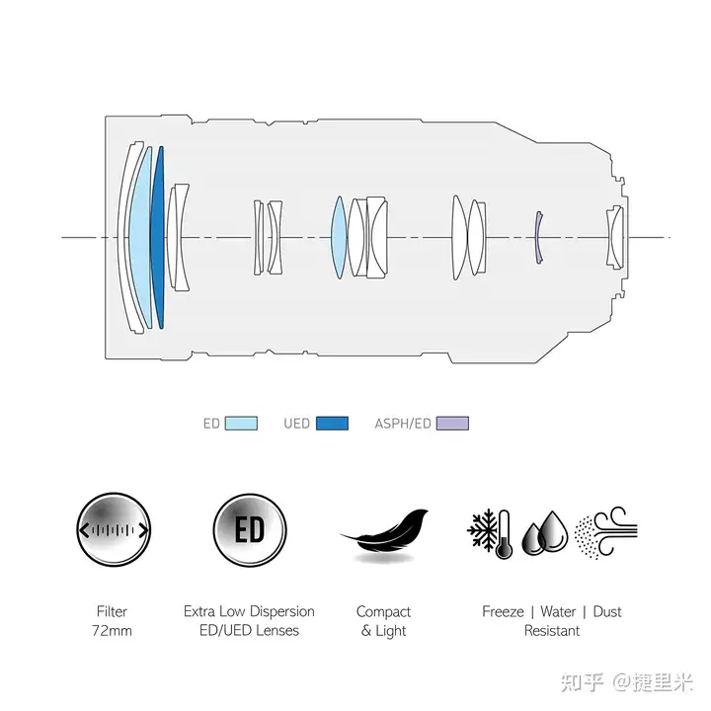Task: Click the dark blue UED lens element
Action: point(157,237)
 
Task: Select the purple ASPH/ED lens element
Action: point(537,237)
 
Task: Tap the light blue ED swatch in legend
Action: point(241,424)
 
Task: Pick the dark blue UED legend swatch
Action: point(331,424)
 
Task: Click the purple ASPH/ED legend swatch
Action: point(452,424)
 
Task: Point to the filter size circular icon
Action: point(113,530)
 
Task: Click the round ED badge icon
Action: point(249,530)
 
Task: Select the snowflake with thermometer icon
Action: point(490,533)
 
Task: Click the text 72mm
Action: point(113,631)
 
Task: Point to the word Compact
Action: point(383,612)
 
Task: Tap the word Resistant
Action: point(552,631)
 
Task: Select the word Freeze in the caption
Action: point(503,612)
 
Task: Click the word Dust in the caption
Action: point(606,612)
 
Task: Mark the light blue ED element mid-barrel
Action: point(339,237)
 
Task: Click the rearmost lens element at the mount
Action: point(615,237)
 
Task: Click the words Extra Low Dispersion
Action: point(249,612)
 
